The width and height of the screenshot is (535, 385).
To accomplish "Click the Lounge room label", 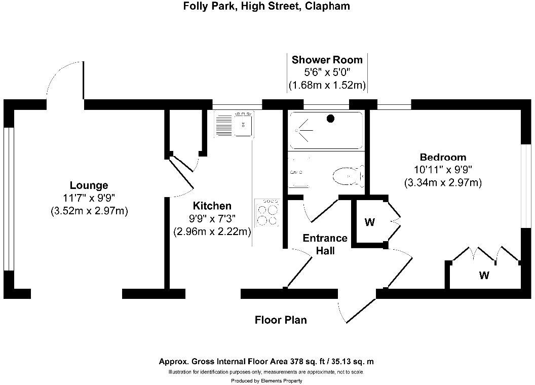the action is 89,185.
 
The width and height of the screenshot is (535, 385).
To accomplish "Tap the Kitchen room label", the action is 212,206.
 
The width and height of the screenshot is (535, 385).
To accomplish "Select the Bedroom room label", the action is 443,158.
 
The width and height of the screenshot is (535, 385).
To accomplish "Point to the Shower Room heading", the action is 327,60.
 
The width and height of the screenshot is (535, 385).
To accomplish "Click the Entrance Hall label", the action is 325,244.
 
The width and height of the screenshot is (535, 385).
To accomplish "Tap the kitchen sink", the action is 234,124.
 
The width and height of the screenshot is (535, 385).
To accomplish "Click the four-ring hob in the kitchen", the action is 267,213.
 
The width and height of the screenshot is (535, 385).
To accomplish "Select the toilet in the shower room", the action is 348,176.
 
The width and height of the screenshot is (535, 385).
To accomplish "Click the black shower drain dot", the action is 330,119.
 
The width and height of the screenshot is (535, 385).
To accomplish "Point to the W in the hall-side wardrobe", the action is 369,222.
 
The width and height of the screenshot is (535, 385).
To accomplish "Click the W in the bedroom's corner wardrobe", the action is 484,275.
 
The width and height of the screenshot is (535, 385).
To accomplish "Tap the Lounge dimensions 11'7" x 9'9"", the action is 89,198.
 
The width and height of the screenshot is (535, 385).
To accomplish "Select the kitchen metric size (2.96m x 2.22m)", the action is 212,232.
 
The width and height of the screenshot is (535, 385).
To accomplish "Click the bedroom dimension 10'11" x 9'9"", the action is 443,170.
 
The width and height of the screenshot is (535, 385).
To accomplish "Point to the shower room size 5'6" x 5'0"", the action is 327,72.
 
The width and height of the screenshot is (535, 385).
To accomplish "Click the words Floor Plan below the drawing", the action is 281,320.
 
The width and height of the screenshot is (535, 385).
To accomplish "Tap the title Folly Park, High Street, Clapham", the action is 266,6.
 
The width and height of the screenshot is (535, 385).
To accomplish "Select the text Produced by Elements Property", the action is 267,380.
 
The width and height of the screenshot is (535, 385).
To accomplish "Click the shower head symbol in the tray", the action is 302,130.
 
